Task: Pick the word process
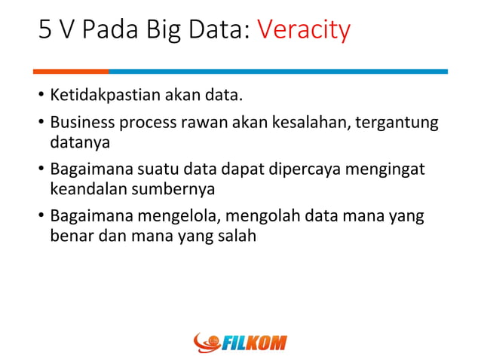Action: click(x=145, y=123)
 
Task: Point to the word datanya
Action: click(x=79, y=141)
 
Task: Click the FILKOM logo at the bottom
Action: click(x=240, y=343)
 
